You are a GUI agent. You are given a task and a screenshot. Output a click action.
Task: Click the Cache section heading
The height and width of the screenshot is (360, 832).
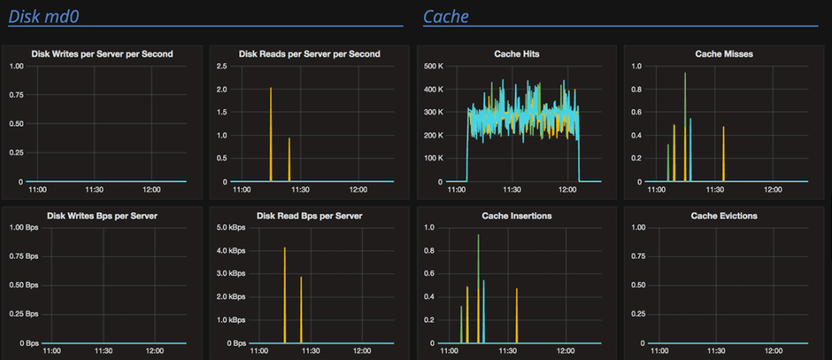click(446, 16)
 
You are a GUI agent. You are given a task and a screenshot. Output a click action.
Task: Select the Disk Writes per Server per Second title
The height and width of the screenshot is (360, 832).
click(102, 54)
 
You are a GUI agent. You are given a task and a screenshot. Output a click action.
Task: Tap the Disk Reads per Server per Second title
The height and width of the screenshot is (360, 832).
click(309, 54)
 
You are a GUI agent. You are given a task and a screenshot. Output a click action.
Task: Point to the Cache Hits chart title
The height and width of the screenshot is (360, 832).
click(516, 54)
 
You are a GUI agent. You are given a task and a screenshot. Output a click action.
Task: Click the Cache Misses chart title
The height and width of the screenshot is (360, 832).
click(724, 54)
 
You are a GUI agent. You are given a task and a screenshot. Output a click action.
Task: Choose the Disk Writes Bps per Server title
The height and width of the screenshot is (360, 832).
click(102, 216)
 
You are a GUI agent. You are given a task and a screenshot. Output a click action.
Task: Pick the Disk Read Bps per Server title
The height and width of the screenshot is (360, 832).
click(309, 216)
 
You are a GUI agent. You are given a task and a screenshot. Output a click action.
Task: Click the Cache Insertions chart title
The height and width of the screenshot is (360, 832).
click(516, 216)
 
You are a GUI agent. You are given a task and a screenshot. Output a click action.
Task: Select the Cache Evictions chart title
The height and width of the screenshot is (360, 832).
click(724, 216)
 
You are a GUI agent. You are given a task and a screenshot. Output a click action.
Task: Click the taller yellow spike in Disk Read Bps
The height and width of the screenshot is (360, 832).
click(284, 290)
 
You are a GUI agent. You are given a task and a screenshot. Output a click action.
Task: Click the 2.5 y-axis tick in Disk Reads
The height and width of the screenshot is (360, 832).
click(222, 66)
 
